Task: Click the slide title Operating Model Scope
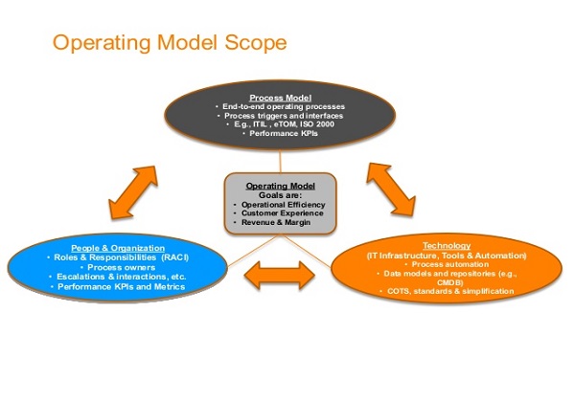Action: (x=169, y=43)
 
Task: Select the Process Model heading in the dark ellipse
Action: (x=277, y=98)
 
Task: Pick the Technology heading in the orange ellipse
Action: (x=453, y=246)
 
